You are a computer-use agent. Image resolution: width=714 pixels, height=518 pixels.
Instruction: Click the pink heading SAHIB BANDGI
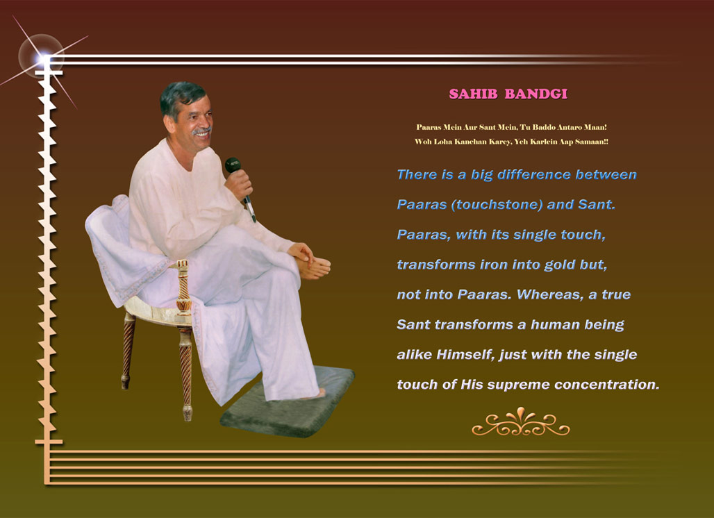(x=508, y=94)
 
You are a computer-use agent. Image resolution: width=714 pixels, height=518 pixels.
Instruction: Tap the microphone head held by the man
(x=233, y=165)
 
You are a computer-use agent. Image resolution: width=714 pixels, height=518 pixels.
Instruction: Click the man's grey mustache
(x=201, y=131)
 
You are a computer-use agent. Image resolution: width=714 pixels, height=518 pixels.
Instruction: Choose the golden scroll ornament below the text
(x=520, y=422)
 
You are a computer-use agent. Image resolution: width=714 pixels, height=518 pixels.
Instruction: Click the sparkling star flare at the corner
(x=44, y=59)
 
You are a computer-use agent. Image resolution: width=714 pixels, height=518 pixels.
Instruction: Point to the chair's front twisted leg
(x=185, y=374)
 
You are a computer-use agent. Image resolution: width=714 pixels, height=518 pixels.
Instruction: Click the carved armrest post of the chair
(x=183, y=288)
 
